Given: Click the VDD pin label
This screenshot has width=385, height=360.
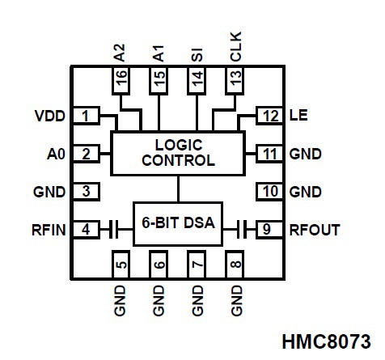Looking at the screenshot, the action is (50, 116).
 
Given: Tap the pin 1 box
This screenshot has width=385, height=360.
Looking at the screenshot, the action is (86, 116).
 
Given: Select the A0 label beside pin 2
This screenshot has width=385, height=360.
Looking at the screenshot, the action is (56, 155).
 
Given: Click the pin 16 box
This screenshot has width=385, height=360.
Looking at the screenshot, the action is (121, 80).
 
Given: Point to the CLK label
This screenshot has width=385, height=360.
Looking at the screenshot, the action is (236, 47).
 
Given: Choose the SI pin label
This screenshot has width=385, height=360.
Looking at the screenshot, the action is (197, 55).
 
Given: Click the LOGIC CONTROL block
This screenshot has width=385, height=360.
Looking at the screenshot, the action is (178, 153).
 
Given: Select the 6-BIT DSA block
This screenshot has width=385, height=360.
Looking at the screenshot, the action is (178, 224).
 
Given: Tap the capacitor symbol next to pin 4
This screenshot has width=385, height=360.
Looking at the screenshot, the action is (113, 230).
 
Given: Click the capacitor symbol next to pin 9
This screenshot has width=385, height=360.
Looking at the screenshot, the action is (242, 230).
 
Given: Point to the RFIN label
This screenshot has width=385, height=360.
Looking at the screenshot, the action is (49, 230).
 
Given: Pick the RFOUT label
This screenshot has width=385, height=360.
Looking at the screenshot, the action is (315, 230).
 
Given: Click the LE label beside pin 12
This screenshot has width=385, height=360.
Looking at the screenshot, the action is (298, 116).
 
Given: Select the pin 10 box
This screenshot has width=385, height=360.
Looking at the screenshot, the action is (269, 192).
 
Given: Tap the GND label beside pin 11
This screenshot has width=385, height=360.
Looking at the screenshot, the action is (306, 155).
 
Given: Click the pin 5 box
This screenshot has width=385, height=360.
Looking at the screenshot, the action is (121, 265).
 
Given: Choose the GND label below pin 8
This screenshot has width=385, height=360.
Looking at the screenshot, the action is (237, 301).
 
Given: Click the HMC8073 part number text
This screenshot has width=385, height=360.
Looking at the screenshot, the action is (326, 341).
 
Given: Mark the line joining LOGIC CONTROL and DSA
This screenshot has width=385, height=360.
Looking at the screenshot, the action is (178, 188).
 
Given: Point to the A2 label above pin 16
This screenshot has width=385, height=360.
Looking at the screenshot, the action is (120, 53).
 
